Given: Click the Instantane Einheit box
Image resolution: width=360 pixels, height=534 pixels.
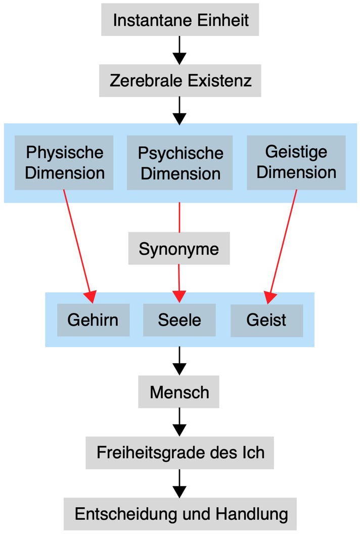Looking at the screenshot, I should click(x=180, y=20).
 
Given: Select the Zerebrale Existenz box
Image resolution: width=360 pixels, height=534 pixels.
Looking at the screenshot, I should click(x=180, y=80).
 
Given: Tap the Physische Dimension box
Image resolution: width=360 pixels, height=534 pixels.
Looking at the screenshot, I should click(x=64, y=162).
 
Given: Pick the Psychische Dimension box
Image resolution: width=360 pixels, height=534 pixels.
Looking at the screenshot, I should click(x=180, y=162).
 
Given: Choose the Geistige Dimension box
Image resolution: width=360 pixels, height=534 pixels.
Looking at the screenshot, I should click(x=296, y=162).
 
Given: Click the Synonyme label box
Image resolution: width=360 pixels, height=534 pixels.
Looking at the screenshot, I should click(x=179, y=248).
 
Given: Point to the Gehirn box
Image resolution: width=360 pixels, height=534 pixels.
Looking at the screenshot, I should click(x=93, y=320).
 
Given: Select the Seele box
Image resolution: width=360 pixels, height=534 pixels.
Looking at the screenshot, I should click(x=179, y=320).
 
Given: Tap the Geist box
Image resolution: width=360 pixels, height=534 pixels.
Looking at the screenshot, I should click(x=266, y=320).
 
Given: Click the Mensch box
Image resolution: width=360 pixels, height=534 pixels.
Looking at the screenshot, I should click(x=179, y=391).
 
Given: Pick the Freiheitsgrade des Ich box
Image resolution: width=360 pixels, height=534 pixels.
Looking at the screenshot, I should click(x=180, y=452).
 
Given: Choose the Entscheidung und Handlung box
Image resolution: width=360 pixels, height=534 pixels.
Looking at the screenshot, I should click(x=180, y=514).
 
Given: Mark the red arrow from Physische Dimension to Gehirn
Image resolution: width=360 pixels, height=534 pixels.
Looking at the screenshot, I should click(x=78, y=243).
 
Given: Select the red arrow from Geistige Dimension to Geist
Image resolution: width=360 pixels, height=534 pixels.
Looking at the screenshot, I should click(x=283, y=243).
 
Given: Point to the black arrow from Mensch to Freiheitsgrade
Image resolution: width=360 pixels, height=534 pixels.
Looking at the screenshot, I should click(x=179, y=421).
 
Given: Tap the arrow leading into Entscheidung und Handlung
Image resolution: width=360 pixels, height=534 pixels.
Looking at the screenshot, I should click(x=179, y=482).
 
